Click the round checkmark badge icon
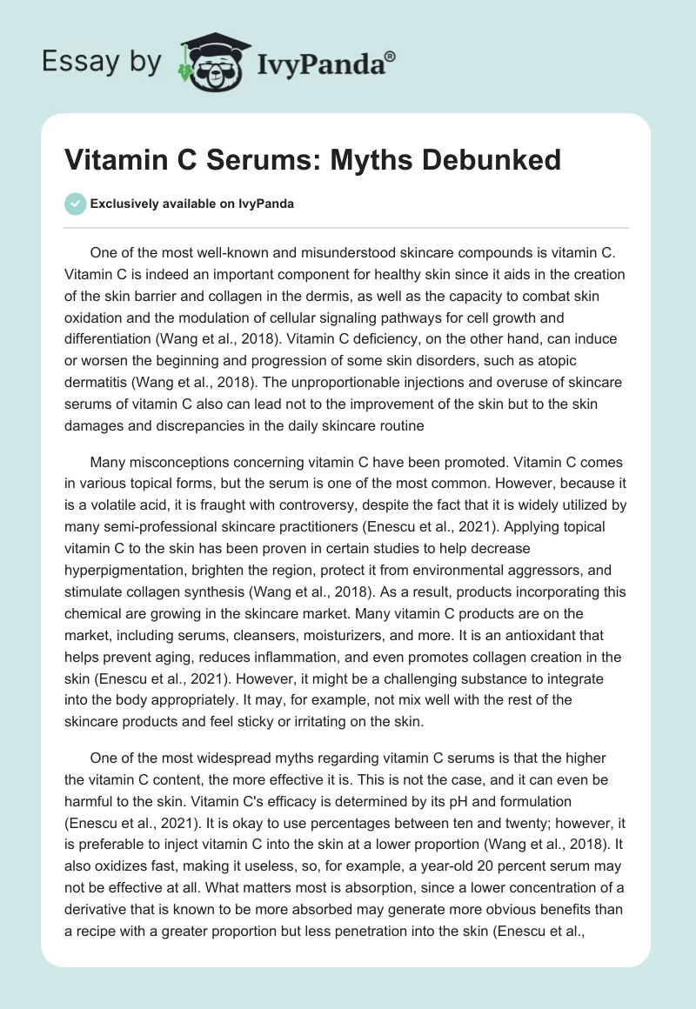pyautogui.click(x=76, y=204)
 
